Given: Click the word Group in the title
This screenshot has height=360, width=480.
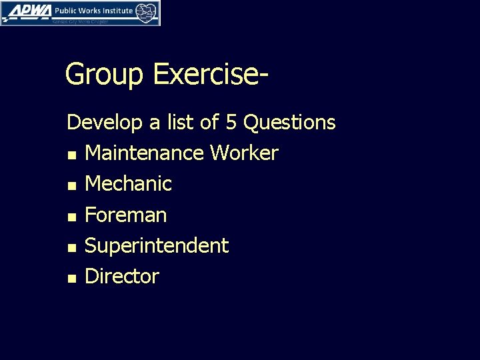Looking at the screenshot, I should (104, 75).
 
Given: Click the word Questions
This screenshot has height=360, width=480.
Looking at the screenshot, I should (290, 123).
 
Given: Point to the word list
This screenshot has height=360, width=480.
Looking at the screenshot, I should (175, 123).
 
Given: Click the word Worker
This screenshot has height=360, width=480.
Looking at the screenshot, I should (244, 153).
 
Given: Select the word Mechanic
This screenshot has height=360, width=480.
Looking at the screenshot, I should (129, 184).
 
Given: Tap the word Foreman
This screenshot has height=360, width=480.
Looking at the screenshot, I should (126, 215).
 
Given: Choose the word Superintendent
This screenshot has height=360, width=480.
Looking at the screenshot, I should (157, 246).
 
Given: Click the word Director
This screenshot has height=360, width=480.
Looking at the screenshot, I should (122, 276).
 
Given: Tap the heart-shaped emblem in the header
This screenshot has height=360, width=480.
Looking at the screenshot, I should (147, 11).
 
